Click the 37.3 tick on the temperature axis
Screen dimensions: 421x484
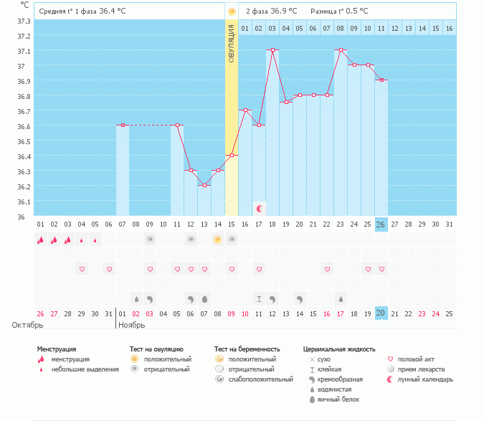click(x=24, y=21)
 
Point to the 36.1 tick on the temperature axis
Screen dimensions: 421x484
click(x=24, y=202)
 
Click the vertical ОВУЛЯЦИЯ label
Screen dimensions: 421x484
click(x=231, y=43)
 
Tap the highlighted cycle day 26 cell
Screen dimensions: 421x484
click(x=381, y=224)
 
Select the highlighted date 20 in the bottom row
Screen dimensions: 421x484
click(x=381, y=313)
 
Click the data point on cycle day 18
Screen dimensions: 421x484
click(x=272, y=50)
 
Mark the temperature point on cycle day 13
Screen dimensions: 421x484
click(x=204, y=185)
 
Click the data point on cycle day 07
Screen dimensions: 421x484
click(x=123, y=126)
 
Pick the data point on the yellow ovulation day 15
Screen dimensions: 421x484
click(x=232, y=155)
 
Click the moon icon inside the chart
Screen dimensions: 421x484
click(x=260, y=209)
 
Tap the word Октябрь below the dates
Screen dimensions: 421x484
click(x=27, y=326)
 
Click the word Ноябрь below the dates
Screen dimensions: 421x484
click(x=131, y=326)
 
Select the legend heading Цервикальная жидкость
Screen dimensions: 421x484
click(x=339, y=349)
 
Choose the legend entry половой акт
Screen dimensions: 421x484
click(x=415, y=359)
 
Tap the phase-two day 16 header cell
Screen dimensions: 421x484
click(x=450, y=28)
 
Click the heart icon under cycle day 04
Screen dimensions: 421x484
click(x=82, y=269)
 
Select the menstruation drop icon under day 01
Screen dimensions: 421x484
click(x=41, y=240)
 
